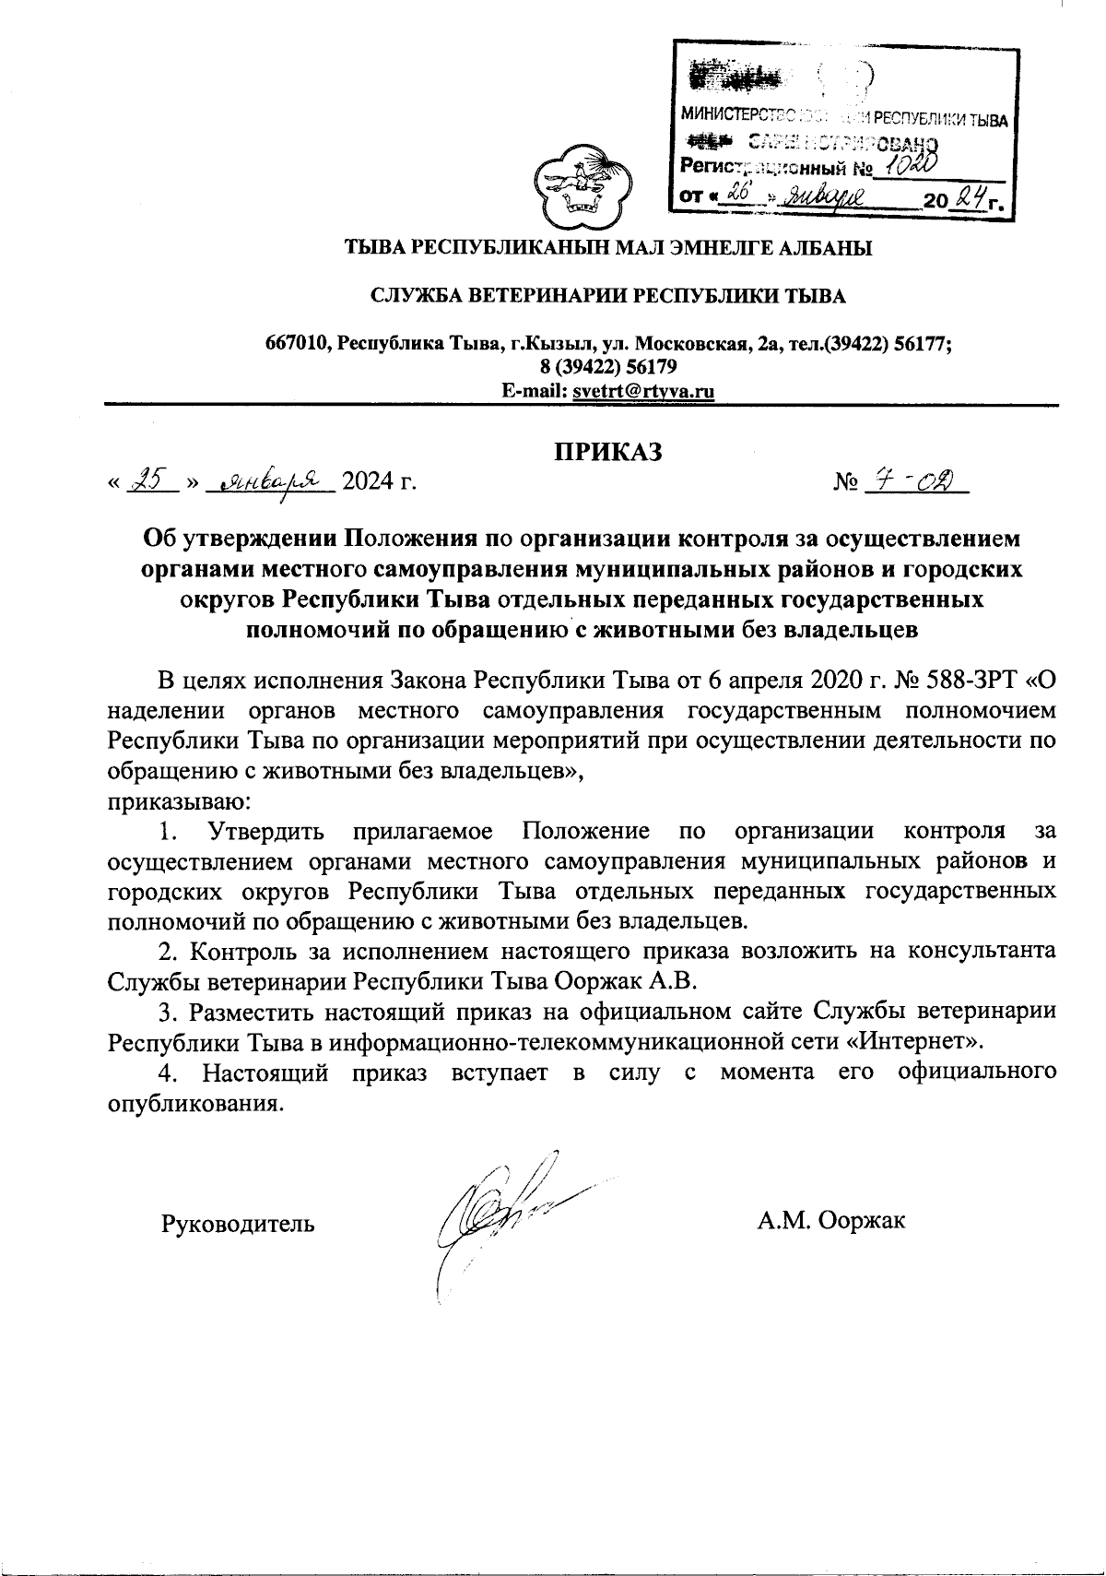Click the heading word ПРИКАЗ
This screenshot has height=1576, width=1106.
[607, 452]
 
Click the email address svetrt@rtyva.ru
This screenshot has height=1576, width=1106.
[644, 391]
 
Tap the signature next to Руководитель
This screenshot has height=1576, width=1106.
[498, 1217]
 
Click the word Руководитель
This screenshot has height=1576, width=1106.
[238, 1224]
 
